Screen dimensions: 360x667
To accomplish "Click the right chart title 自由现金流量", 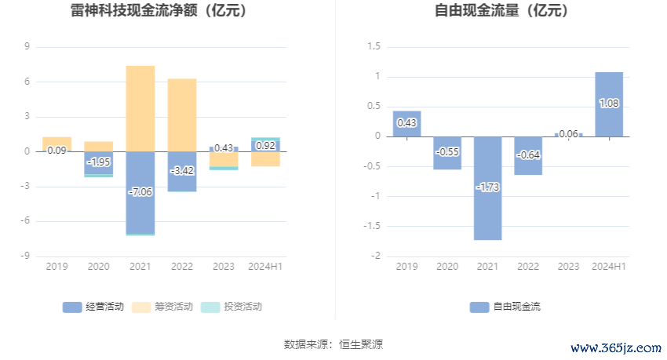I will [x=501, y=11].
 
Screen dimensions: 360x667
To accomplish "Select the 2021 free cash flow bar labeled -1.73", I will [x=487, y=188].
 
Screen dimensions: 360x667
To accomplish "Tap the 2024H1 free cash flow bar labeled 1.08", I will [x=609, y=104].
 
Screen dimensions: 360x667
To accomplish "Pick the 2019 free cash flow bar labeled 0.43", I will [x=406, y=124].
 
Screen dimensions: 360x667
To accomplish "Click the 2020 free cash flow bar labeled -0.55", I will [x=447, y=153].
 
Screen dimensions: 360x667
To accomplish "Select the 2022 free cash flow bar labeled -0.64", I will [x=528, y=155].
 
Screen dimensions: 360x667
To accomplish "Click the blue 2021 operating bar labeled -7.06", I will [x=140, y=192].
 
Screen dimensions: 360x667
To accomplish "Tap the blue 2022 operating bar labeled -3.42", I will [x=182, y=171].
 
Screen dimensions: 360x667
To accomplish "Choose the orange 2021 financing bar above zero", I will [x=140, y=108].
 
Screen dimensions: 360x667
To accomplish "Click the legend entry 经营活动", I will [x=93, y=307].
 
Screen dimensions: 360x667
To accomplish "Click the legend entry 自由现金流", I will [x=505, y=307].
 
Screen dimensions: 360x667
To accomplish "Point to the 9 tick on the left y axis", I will [x=27, y=47].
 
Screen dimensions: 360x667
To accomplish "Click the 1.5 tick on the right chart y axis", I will [x=374, y=47].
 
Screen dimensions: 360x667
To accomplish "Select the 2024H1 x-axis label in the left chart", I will [x=265, y=267].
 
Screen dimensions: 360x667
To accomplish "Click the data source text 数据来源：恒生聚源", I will [x=333, y=344].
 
